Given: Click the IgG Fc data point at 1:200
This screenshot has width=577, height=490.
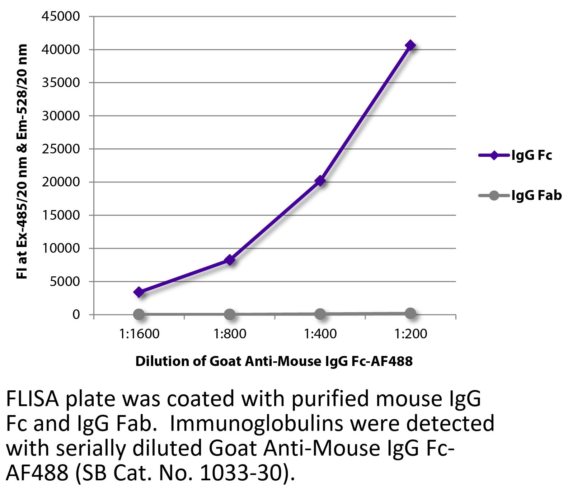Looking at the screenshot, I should coord(410,46).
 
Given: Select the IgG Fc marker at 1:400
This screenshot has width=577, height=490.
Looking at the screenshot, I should coord(320,181).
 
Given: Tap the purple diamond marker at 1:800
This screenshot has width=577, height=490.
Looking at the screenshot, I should coord(230,260).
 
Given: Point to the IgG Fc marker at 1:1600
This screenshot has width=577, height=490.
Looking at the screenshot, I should coord(139,292).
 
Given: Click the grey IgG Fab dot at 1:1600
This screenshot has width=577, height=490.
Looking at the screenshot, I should coord(139,314).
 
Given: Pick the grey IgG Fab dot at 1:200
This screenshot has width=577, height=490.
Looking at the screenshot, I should coord(410,313).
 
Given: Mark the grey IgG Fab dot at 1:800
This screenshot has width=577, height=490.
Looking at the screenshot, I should coord(230,314).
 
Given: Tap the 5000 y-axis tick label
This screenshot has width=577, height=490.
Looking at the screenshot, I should coord(65,281).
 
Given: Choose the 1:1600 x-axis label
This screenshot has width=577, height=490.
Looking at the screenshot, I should coord(139,334).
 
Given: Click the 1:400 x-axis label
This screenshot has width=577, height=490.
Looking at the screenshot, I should coord(320,334).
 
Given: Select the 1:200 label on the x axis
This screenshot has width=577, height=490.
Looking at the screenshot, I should coord(410,334).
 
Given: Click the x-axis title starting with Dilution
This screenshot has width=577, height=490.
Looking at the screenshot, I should coord(274,361).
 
